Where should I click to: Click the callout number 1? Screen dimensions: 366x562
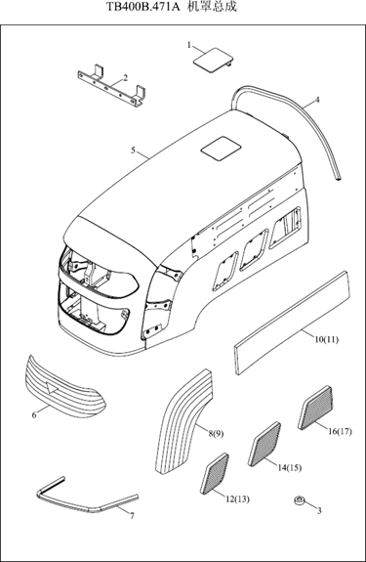pyautogui.click(x=189, y=45)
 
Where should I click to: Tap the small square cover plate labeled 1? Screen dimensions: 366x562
pyautogui.click(x=213, y=60)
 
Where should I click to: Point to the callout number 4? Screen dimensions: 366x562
pyautogui.click(x=317, y=100)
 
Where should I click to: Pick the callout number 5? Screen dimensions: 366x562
pyautogui.click(x=133, y=151)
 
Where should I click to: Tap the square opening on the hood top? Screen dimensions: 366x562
pyautogui.click(x=220, y=149)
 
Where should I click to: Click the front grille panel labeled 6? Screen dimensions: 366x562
pyautogui.click(x=64, y=388)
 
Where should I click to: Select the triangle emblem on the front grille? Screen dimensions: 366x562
pyautogui.click(x=53, y=388)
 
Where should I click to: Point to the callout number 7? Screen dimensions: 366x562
pyautogui.click(x=132, y=516)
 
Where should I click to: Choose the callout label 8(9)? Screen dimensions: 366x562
pyautogui.click(x=216, y=434)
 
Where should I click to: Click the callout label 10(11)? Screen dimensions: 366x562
pyautogui.click(x=326, y=339)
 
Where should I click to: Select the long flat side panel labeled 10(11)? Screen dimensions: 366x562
pyautogui.click(x=292, y=323)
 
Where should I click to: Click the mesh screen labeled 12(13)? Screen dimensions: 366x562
pyautogui.click(x=215, y=473)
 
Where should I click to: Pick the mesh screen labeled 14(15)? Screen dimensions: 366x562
pyautogui.click(x=264, y=444)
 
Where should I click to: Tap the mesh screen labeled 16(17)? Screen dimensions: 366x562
pyautogui.click(x=315, y=408)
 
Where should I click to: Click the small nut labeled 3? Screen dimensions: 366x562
pyautogui.click(x=299, y=499)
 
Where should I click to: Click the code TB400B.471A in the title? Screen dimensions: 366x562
pyautogui.click(x=143, y=7)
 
